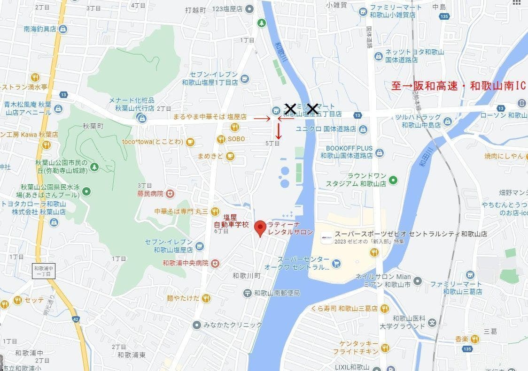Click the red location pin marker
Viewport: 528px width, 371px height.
click(x=260, y=228)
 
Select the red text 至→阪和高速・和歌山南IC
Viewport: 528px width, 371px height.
click(x=458, y=86)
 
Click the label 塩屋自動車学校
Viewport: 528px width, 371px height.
click(x=230, y=220)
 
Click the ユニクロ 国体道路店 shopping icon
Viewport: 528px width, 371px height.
click(x=363, y=129)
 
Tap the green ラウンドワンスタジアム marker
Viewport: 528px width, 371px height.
click(x=394, y=180)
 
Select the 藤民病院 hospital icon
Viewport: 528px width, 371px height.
click(x=170, y=193)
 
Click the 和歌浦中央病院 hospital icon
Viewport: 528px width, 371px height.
click(x=215, y=263)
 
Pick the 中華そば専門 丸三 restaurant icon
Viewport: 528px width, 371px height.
click(x=215, y=212)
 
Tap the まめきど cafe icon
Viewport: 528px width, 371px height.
click(x=230, y=156)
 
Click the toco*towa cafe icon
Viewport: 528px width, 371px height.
click(x=190, y=142)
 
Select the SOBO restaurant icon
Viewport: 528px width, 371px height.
click(x=221, y=139)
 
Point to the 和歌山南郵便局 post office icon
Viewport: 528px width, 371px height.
click(x=247, y=293)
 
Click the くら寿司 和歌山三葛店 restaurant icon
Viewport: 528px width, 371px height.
click(x=385, y=308)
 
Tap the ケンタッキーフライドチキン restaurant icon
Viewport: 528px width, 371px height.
click(x=385, y=348)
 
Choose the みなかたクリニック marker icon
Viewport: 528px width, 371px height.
click(x=197, y=325)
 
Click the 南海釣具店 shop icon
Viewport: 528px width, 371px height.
click(x=63, y=29)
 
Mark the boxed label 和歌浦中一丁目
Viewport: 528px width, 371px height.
click(x=44, y=271)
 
